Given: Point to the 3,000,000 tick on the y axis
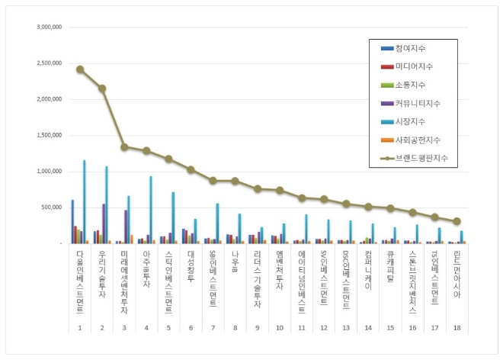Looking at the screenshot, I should (x=48, y=27).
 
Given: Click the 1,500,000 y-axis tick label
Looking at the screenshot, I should (x=48, y=135).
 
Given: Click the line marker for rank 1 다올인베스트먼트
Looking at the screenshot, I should (x=79, y=69).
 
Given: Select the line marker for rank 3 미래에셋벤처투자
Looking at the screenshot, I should (x=123, y=146).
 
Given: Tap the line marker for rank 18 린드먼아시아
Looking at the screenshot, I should (x=457, y=221).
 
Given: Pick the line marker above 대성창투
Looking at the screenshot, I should (x=191, y=169).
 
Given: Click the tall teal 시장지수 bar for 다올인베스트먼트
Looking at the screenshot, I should (x=84, y=201).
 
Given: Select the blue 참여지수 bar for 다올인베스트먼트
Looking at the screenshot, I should (x=72, y=222).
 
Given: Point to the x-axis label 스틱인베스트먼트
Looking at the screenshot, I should (x=168, y=281).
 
